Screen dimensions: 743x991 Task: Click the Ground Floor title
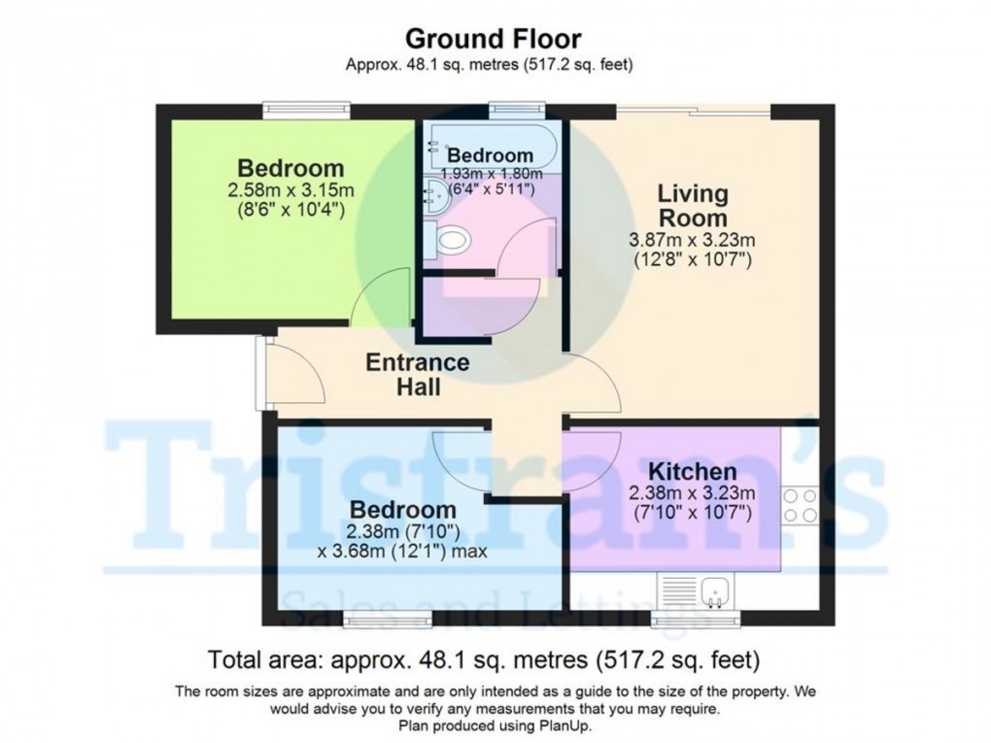pos(493,39)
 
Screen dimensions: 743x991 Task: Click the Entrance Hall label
pos(417,375)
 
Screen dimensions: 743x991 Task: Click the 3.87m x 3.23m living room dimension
pos(691,241)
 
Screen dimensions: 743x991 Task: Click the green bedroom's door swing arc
pos(375,298)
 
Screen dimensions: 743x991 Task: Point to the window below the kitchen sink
pos(695,619)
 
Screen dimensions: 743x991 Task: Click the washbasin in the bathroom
pos(433,198)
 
